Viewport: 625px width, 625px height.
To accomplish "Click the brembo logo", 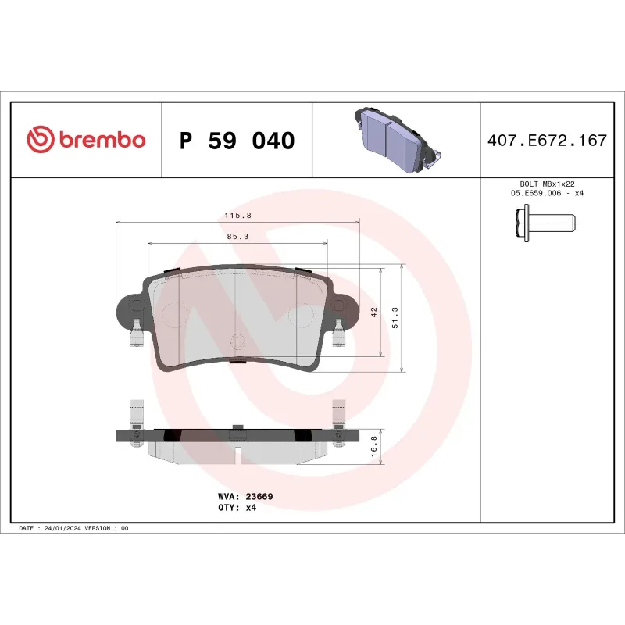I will (x=86, y=140).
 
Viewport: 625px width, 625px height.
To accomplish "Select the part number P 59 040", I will (x=237, y=141).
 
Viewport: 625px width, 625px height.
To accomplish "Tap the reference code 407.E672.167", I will (x=546, y=141).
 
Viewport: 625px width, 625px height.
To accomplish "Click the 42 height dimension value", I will (x=374, y=312).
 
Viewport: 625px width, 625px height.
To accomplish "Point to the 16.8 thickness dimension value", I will (x=374, y=446).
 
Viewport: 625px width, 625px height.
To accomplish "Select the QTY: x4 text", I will (x=237, y=507).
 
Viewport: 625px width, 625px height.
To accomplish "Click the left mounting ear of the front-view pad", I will (x=130, y=309).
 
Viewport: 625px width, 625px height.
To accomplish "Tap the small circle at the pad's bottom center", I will (x=239, y=341).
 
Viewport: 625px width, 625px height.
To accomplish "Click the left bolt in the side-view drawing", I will (x=137, y=426).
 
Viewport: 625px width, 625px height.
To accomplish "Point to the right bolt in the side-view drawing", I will (x=338, y=426).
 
